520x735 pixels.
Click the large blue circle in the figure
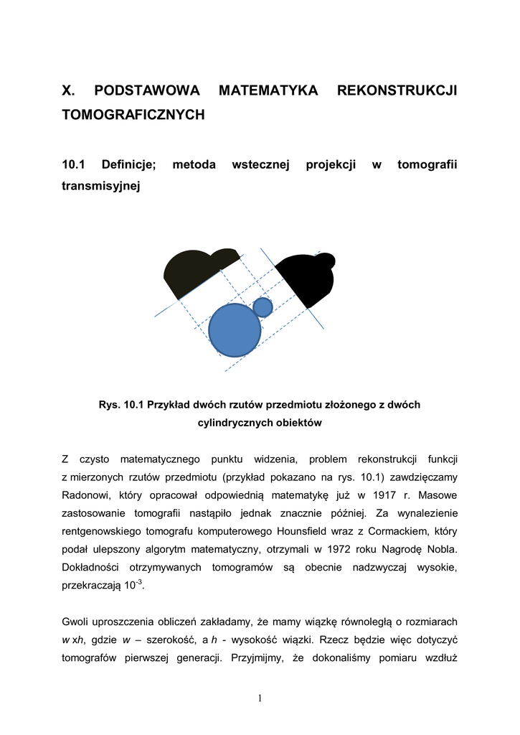click(x=235, y=330)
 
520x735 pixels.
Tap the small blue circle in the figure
click(x=263, y=307)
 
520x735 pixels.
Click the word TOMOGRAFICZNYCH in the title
click(x=133, y=114)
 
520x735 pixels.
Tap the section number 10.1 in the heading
click(x=74, y=165)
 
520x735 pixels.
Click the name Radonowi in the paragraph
click(x=85, y=495)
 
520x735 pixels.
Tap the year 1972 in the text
click(x=354, y=549)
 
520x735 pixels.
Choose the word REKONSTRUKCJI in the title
click(x=397, y=90)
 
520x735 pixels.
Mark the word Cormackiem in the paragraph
click(x=414, y=531)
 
